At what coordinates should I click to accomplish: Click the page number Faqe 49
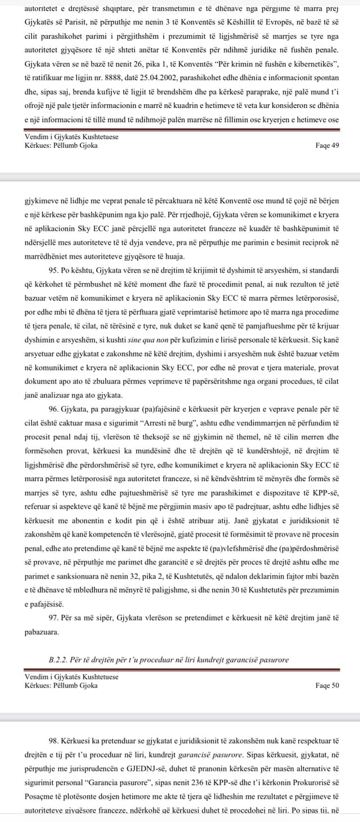pyautogui.click(x=327, y=145)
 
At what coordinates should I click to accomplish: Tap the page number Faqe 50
pyautogui.click(x=327, y=685)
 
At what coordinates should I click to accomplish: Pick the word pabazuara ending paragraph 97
pyautogui.click(x=42, y=632)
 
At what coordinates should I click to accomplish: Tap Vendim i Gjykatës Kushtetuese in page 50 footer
pyautogui.click(x=71, y=677)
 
